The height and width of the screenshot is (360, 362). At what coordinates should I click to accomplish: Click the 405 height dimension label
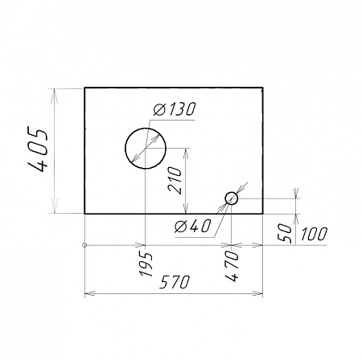point(39,151)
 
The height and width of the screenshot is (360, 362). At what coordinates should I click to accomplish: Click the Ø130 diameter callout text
point(175,109)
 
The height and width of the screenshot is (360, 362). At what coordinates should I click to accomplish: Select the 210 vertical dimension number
point(175,180)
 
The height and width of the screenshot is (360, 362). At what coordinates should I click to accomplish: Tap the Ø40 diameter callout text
point(192,226)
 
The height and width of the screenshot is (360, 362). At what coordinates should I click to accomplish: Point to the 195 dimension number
point(146,264)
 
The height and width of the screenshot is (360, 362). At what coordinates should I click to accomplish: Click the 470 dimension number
point(232,266)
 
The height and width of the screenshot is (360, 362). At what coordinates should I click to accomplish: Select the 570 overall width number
point(175,282)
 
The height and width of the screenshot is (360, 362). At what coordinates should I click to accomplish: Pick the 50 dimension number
point(285,233)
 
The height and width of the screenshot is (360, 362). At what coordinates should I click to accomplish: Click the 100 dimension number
point(314,234)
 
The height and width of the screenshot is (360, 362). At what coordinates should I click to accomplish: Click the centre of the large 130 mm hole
point(146,149)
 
